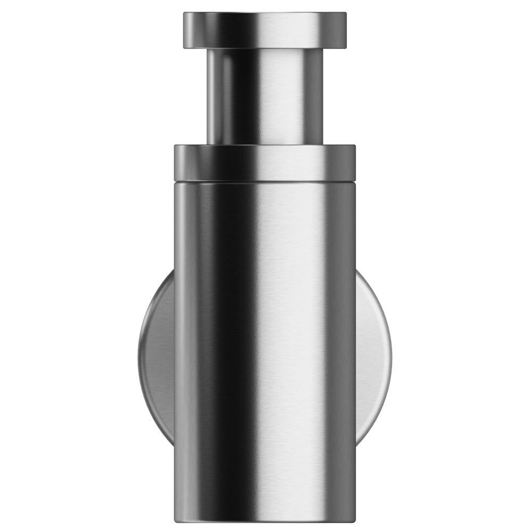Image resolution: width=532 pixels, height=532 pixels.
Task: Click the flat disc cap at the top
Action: [x=265, y=29]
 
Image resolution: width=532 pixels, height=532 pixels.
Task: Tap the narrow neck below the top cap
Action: [x=265, y=96]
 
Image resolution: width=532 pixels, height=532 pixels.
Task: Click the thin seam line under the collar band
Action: [x=265, y=180]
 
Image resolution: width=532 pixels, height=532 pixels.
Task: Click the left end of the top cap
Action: [x=186, y=29]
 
